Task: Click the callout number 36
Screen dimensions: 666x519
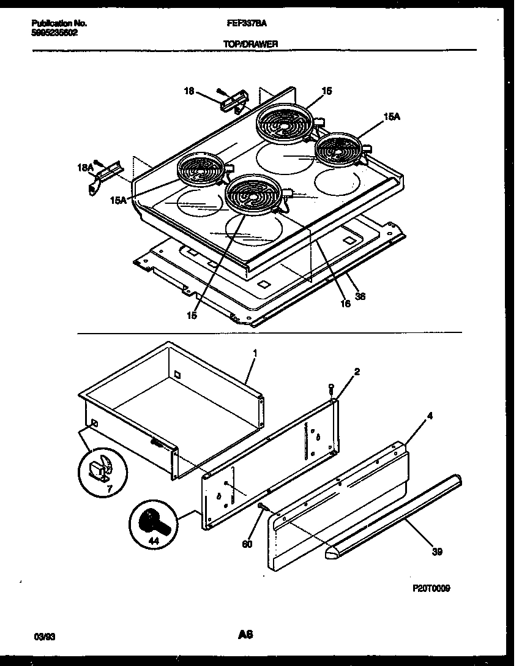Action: click(x=360, y=296)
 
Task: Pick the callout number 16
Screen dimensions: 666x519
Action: click(x=345, y=303)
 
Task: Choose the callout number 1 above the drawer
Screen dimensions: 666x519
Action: click(x=255, y=353)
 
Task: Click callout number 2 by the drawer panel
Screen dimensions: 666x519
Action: click(x=357, y=371)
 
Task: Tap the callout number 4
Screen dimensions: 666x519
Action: click(x=430, y=416)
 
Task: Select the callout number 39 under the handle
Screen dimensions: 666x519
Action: click(x=436, y=552)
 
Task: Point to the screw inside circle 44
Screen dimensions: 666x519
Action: click(x=152, y=522)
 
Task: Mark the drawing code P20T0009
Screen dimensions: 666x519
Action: click(x=431, y=588)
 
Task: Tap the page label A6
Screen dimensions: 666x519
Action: click(x=245, y=635)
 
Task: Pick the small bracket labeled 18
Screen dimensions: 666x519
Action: click(x=234, y=100)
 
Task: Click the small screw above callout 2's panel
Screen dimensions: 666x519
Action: click(x=330, y=387)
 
